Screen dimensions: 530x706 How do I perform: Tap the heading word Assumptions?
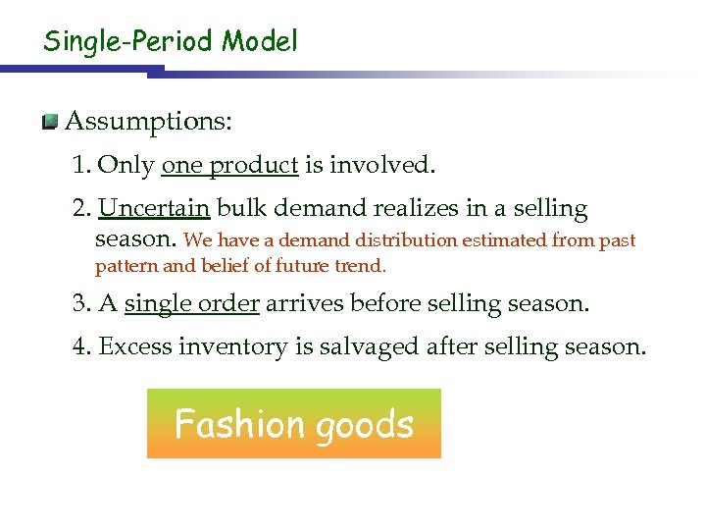148,122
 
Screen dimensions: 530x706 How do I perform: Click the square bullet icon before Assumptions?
50,123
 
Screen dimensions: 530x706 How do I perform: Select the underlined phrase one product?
229,165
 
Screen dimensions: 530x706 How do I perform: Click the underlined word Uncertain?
154,209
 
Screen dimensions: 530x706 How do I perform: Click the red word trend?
362,266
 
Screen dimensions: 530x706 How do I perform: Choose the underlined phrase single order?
192,304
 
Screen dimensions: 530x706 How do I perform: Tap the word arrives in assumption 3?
306,304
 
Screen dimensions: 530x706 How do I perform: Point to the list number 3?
78,304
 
